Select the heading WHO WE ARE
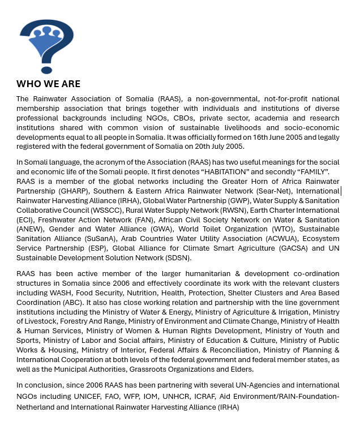point(48,84)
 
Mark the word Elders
point(239,369)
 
